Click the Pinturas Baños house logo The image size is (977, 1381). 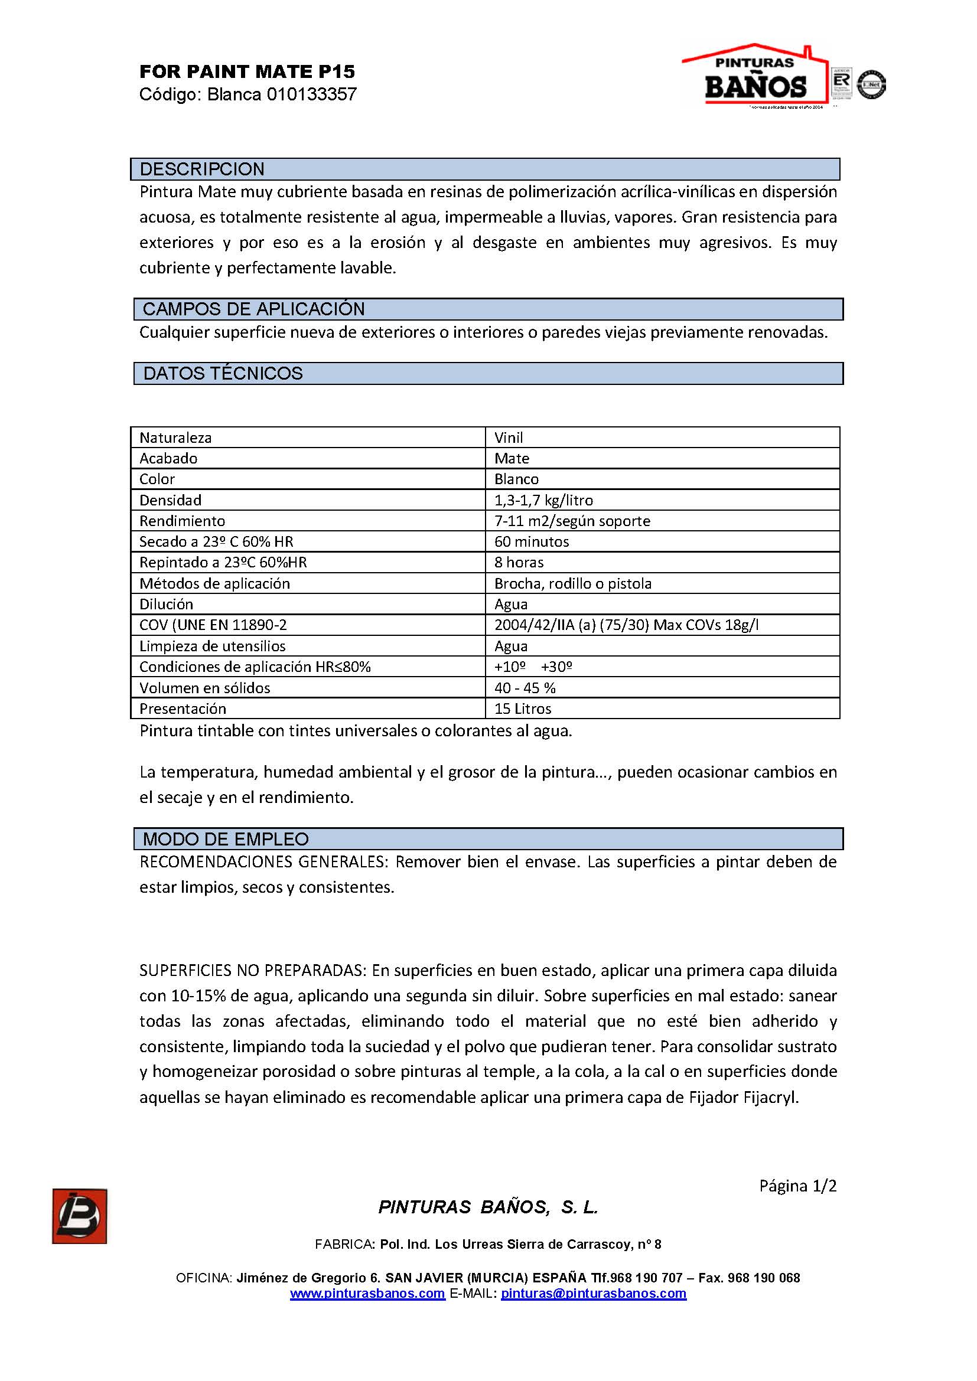coord(755,75)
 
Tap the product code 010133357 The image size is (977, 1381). coord(312,94)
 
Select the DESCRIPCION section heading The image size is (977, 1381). coord(202,169)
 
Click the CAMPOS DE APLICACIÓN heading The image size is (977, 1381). coord(253,309)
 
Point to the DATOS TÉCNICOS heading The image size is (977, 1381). coord(223,374)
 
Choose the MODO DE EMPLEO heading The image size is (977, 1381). coord(226,839)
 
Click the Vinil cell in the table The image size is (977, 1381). coord(509,438)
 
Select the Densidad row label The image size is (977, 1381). coord(170,501)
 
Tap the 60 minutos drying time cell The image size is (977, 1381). coord(531,542)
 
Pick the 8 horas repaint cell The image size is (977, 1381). coord(519,563)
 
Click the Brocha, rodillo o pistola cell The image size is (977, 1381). coord(573,583)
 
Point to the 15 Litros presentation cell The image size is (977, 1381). coord(522,709)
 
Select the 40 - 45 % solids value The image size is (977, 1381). coord(525,688)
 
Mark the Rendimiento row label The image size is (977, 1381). coord(182,521)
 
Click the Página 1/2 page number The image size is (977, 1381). coord(797,1186)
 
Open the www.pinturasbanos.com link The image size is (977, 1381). coord(367,1293)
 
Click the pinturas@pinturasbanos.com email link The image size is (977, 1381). coord(593,1293)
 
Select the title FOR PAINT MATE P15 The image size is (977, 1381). coord(247,72)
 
